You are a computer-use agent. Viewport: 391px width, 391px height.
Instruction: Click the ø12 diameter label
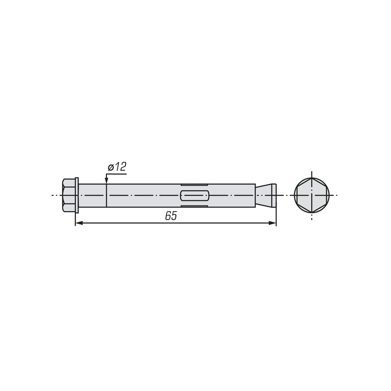(117, 167)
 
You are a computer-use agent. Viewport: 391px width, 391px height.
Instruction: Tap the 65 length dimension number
(171, 216)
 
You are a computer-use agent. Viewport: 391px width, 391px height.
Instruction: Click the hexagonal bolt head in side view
(69, 195)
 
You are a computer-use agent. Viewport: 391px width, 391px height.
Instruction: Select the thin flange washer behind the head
(77, 195)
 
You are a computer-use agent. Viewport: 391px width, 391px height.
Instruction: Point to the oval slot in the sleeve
(194, 195)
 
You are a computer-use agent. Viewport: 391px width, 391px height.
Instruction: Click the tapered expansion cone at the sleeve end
(264, 195)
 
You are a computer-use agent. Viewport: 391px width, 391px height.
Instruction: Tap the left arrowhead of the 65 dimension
(79, 223)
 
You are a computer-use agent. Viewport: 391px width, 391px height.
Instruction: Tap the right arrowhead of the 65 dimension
(272, 223)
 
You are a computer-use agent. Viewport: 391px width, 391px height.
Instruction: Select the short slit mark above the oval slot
(194, 185)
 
